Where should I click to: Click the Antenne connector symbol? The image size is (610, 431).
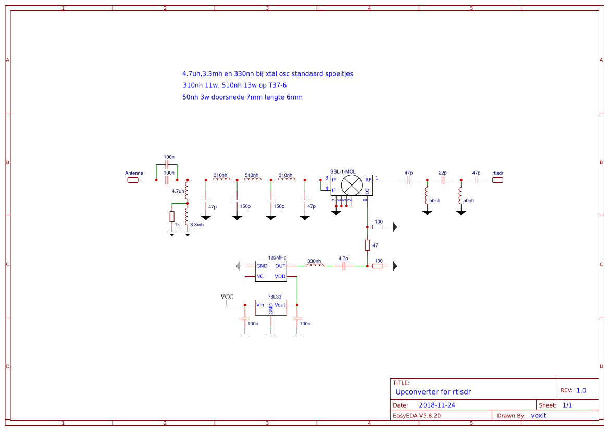[133, 180]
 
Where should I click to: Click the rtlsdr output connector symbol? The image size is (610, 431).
[497, 180]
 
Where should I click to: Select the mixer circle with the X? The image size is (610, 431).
[352, 186]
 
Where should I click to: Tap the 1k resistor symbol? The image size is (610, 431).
[172, 216]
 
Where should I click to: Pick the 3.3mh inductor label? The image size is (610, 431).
[197, 225]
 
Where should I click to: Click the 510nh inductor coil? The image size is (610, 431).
[253, 179]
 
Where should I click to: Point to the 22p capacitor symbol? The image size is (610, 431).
[443, 180]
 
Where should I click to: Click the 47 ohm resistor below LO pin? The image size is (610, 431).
[367, 245]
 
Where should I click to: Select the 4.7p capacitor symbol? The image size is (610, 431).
[343, 266]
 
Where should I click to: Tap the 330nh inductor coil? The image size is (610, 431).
[315, 265]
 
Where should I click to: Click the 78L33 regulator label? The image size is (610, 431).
[275, 297]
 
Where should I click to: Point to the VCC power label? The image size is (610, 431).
[227, 297]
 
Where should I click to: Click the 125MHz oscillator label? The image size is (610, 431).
[277, 258]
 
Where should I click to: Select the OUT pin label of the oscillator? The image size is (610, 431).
[280, 266]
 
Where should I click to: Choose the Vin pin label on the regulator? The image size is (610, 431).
[260, 305]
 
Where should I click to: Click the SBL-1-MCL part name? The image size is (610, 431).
[343, 171]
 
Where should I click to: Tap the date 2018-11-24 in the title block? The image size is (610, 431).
[437, 405]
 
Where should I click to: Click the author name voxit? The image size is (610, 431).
[539, 416]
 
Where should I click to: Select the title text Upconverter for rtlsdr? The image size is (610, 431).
[433, 392]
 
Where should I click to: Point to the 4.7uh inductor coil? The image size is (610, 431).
[186, 192]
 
